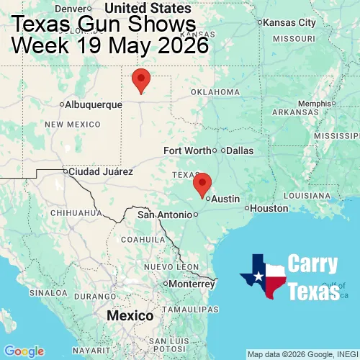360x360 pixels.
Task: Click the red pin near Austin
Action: click(202, 184)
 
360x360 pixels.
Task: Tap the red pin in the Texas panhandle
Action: click(142, 79)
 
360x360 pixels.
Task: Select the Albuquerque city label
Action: click(93, 104)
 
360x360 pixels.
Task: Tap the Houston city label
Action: click(269, 208)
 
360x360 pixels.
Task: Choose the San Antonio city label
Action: click(165, 215)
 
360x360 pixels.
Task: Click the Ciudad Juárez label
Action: click(99, 172)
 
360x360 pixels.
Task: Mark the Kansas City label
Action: click(289, 22)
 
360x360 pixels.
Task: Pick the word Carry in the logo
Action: click(314, 264)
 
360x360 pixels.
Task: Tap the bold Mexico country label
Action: click(130, 316)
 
